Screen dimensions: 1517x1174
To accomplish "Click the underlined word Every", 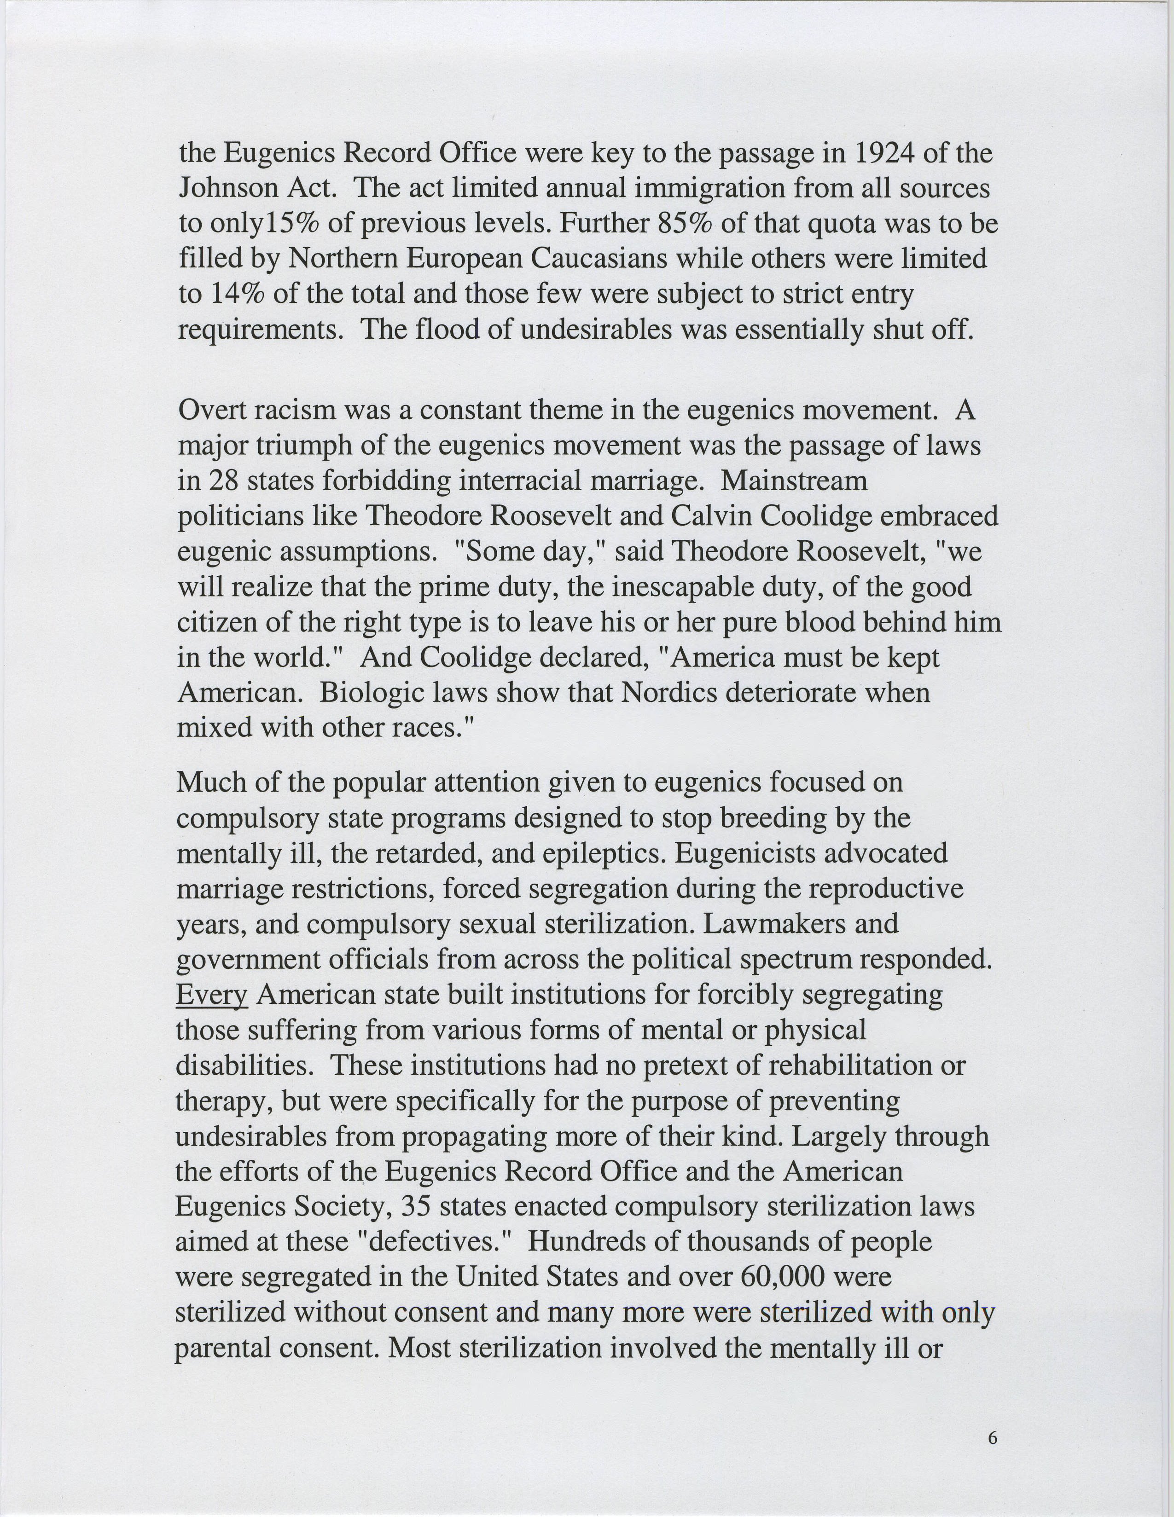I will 211,995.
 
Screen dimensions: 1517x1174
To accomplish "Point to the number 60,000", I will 784,1277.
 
